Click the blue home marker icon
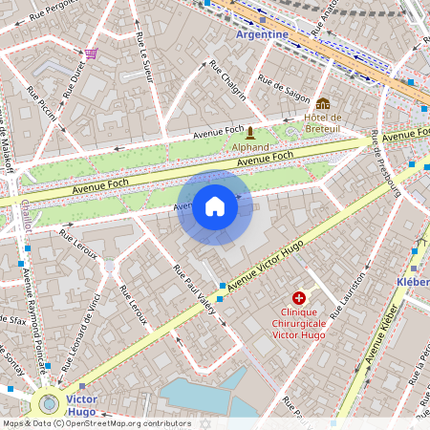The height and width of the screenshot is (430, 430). tap(215, 206)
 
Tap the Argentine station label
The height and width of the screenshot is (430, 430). tap(262, 34)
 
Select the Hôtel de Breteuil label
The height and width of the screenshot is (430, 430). tap(323, 123)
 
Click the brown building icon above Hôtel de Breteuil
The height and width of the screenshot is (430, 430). tap(323, 103)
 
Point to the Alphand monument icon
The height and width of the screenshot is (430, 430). tap(250, 132)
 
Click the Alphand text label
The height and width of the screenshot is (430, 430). tap(250, 147)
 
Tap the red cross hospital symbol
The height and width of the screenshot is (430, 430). tap(299, 299)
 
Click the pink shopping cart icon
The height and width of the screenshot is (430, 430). tap(91, 54)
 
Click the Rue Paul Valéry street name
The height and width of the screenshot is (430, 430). tap(198, 282)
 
